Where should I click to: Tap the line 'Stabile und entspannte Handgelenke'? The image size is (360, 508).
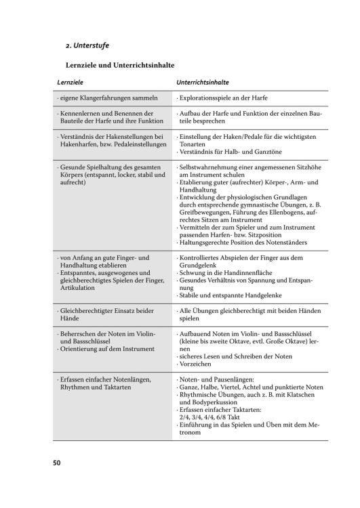(x=233, y=295)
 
